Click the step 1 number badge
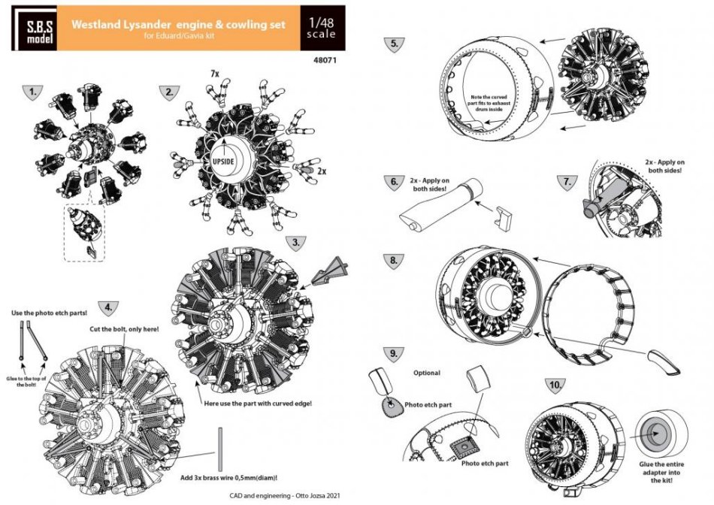[31, 92]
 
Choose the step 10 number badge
[555, 386]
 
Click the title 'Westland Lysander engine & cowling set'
[179, 24]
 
